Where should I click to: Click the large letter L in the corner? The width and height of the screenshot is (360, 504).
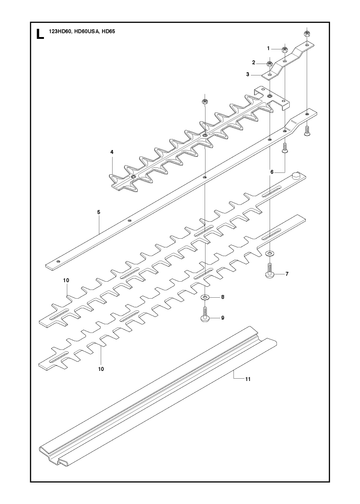pyautogui.click(x=40, y=34)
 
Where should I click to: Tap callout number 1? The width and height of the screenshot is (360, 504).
pyautogui.click(x=268, y=48)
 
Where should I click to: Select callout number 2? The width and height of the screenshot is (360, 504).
pyautogui.click(x=254, y=62)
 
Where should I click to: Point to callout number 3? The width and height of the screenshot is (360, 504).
pyautogui.click(x=247, y=74)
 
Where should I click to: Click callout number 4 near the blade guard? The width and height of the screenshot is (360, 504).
pyautogui.click(x=112, y=152)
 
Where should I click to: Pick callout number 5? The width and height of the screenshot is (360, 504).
pyautogui.click(x=99, y=212)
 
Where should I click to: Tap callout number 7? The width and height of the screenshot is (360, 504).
pyautogui.click(x=287, y=274)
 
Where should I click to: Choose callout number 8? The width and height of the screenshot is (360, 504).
pyautogui.click(x=223, y=297)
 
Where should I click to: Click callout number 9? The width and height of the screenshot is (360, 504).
pyautogui.click(x=223, y=318)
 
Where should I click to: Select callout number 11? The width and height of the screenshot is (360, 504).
pyautogui.click(x=248, y=379)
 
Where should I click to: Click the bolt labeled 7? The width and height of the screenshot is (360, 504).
pyautogui.click(x=269, y=270)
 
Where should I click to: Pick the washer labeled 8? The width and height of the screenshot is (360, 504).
pyautogui.click(x=204, y=297)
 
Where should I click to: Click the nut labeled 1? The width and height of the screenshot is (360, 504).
pyautogui.click(x=285, y=50)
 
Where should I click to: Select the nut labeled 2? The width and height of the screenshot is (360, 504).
pyautogui.click(x=270, y=63)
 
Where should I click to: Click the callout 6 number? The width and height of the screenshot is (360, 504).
pyautogui.click(x=272, y=172)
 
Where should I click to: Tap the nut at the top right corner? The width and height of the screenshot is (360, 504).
pyautogui.click(x=307, y=34)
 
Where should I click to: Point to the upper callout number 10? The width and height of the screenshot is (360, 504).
pyautogui.click(x=66, y=280)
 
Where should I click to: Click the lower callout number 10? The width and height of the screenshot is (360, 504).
pyautogui.click(x=101, y=369)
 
